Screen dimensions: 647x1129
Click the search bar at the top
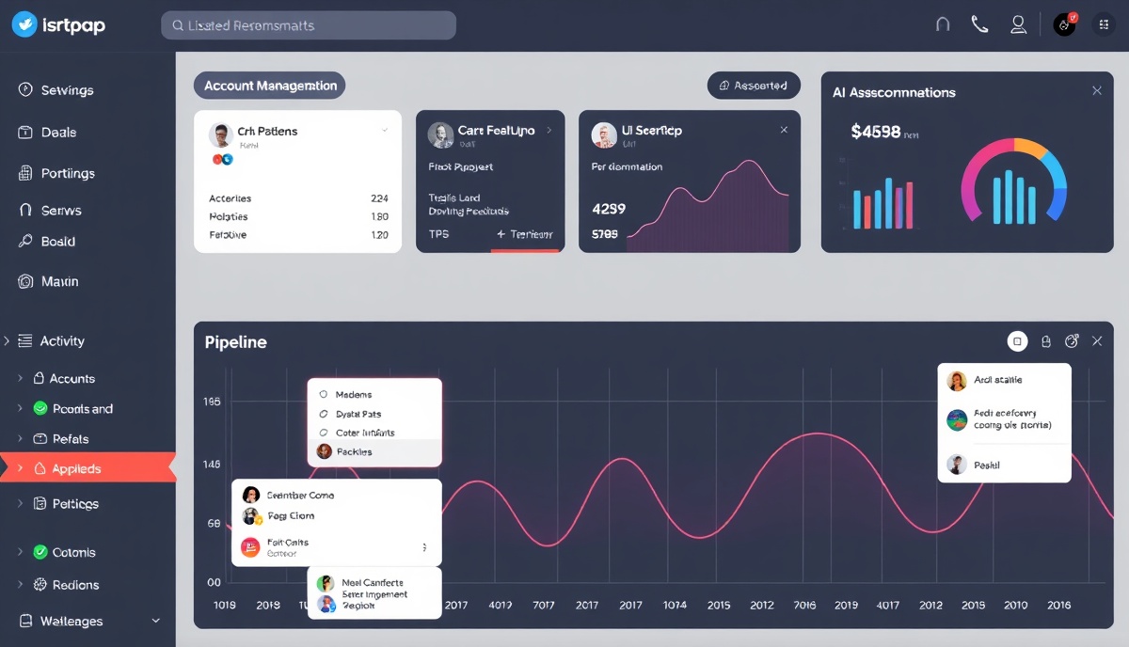coord(308,25)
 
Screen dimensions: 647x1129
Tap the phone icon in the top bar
coord(979,25)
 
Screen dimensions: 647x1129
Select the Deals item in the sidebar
coord(58,133)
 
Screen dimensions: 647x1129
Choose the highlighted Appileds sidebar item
coord(77,468)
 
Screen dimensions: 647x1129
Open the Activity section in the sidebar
coord(62,341)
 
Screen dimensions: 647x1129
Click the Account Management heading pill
coord(270,86)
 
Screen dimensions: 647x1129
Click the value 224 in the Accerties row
coord(379,198)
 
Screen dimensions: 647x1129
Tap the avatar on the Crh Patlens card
coord(220,135)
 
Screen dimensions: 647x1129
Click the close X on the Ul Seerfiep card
coord(784,131)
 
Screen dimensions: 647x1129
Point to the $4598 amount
coord(875,133)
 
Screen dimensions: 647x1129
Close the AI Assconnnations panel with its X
coord(1096,91)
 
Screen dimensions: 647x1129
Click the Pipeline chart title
coord(235,342)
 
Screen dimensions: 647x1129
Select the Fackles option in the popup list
coord(354,452)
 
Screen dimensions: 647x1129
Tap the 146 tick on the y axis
coord(212,465)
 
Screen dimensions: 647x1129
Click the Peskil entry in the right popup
coord(987,465)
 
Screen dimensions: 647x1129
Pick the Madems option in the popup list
coord(353,395)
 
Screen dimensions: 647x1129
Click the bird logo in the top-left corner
coord(24,25)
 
